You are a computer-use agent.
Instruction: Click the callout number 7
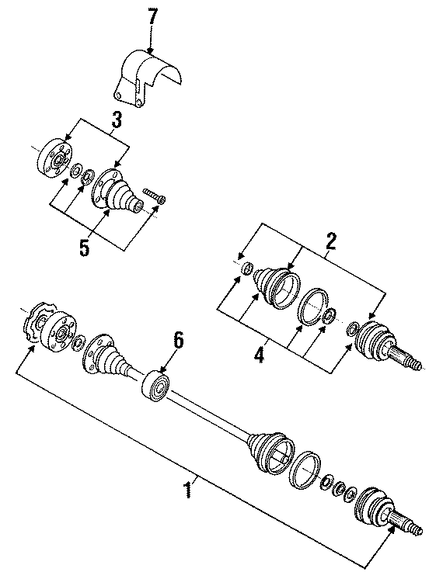pos(153,15)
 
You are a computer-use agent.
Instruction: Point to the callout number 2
pos(331,241)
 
